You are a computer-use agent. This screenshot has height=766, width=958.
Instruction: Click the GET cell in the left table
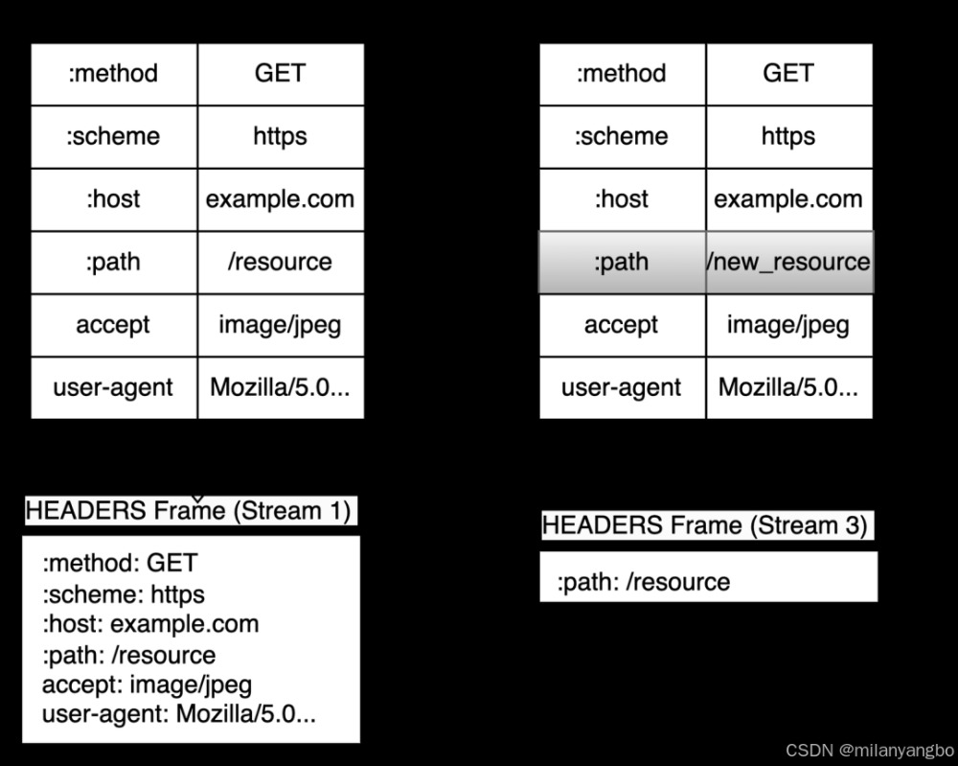pyautogui.click(x=280, y=73)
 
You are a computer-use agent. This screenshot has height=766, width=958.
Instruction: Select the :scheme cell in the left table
pyautogui.click(x=113, y=136)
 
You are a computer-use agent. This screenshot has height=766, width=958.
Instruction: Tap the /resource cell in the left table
pyautogui.click(x=280, y=262)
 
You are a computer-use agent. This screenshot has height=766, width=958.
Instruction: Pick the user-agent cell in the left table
pyautogui.click(x=113, y=387)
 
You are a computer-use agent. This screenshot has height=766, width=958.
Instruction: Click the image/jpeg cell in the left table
pyautogui.click(x=280, y=325)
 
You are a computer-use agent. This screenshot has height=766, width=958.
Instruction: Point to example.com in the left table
pyautogui.click(x=280, y=199)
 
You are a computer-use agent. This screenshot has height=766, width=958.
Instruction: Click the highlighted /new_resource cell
pyautogui.click(x=788, y=262)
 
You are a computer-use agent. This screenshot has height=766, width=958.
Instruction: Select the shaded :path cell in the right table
pyautogui.click(x=622, y=262)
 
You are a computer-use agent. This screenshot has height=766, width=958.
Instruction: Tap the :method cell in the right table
pyautogui.click(x=622, y=73)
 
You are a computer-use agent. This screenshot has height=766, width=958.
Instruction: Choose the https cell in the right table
pyautogui.click(x=788, y=136)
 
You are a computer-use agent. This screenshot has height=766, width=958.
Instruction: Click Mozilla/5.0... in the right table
pyautogui.click(x=788, y=387)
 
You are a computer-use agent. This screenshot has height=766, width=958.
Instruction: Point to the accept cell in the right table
pyautogui.click(x=622, y=325)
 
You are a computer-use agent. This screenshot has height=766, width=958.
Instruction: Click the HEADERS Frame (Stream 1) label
pyautogui.click(x=188, y=510)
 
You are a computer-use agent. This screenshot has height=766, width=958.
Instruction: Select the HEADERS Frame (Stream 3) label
pyautogui.click(x=704, y=525)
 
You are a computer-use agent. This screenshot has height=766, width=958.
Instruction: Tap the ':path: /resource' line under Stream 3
pyautogui.click(x=643, y=582)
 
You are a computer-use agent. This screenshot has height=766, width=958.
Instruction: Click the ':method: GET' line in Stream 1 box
pyautogui.click(x=120, y=563)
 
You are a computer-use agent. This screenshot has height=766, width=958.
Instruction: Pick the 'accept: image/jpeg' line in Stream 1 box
pyautogui.click(x=146, y=685)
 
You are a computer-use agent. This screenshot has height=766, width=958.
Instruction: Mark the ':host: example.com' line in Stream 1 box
pyautogui.click(x=150, y=624)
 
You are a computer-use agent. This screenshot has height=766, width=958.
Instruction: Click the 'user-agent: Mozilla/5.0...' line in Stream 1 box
pyautogui.click(x=179, y=714)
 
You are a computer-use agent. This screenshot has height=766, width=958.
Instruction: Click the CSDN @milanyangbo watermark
pyautogui.click(x=869, y=749)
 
